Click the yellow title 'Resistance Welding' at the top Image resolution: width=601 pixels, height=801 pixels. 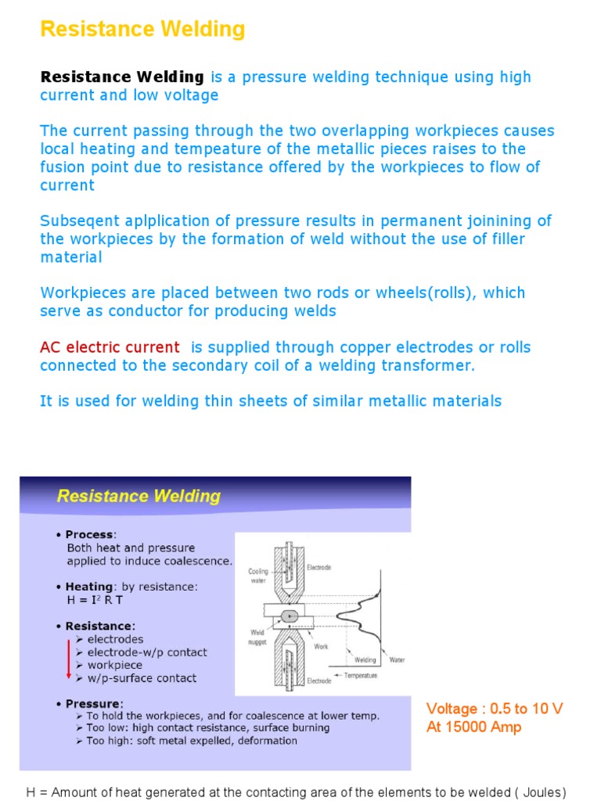142,30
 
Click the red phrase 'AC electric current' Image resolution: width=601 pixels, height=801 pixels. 110,347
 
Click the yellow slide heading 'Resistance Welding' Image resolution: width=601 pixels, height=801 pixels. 138,496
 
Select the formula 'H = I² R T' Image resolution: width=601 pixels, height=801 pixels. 95,600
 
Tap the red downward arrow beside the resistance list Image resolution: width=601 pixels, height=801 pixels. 68,659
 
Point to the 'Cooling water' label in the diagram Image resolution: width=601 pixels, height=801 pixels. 257,576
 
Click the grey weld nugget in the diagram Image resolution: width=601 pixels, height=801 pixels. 291,616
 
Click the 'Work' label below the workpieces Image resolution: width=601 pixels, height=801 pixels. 321,647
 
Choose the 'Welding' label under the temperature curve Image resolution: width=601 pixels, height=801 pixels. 365,659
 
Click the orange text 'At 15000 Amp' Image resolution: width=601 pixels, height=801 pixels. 473,727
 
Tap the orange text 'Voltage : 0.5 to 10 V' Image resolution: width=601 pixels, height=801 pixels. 494,709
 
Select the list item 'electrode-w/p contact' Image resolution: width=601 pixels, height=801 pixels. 147,652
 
